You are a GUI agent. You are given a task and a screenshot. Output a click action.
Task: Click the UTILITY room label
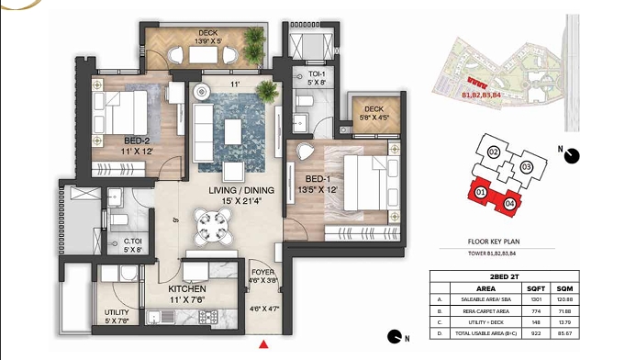coord(116,312)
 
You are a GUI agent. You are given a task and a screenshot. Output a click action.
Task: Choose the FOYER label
coord(263,271)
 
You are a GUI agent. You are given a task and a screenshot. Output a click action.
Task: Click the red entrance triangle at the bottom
coord(264,345)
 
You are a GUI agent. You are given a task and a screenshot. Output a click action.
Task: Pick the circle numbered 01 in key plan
coord(480,192)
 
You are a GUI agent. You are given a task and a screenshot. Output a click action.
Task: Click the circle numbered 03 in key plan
coord(526,166)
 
